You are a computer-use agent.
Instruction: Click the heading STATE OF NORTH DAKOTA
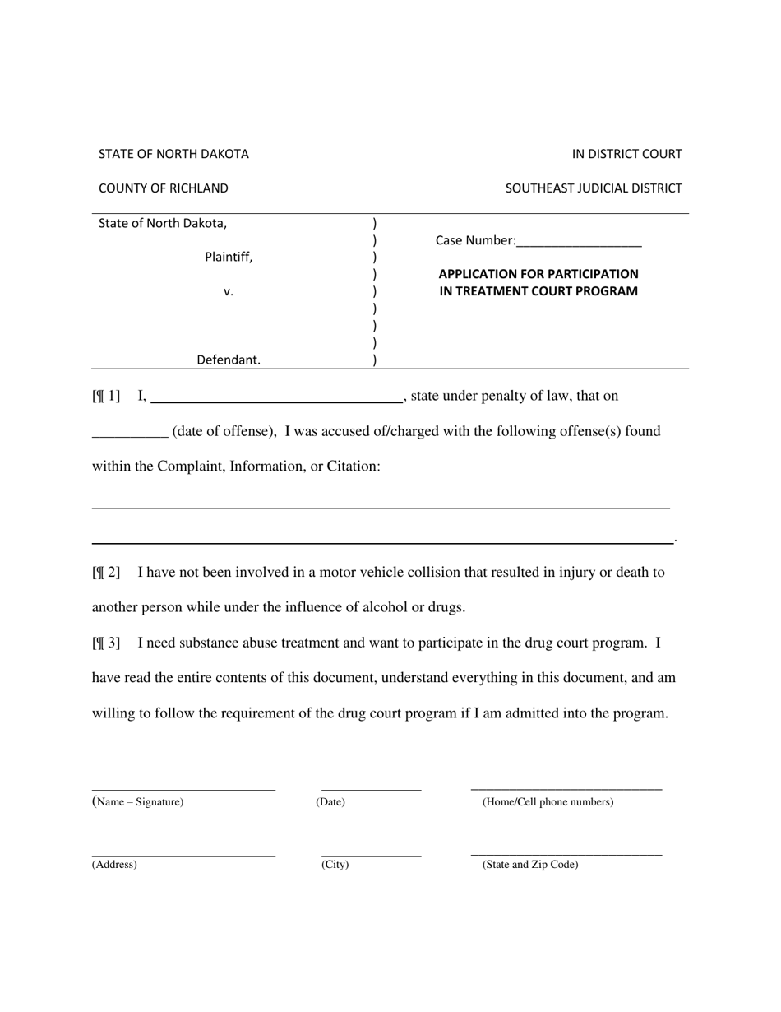click(x=173, y=154)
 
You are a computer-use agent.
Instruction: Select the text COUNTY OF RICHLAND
click(x=164, y=188)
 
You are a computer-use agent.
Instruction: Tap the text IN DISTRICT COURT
click(x=627, y=154)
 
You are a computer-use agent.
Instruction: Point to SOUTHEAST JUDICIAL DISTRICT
click(x=594, y=188)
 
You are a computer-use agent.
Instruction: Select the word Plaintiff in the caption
click(x=229, y=257)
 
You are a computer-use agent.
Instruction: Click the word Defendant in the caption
click(x=229, y=360)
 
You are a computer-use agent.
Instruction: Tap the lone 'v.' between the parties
click(x=229, y=291)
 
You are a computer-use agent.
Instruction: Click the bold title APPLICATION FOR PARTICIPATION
click(x=538, y=274)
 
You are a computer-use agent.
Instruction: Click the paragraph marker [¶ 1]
click(x=106, y=397)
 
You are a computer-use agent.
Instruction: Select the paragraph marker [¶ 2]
click(x=106, y=573)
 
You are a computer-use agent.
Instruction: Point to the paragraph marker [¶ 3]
click(x=106, y=643)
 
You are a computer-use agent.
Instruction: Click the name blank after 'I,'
click(x=276, y=397)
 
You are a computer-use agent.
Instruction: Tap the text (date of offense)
click(x=224, y=431)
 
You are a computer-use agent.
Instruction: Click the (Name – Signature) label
click(x=138, y=802)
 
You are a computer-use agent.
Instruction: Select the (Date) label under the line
click(x=330, y=802)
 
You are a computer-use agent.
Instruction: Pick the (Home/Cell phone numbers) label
click(x=548, y=802)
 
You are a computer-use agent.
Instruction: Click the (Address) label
click(x=114, y=865)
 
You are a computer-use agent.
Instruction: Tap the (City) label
click(x=335, y=865)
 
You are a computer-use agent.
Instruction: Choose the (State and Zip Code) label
click(x=530, y=865)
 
